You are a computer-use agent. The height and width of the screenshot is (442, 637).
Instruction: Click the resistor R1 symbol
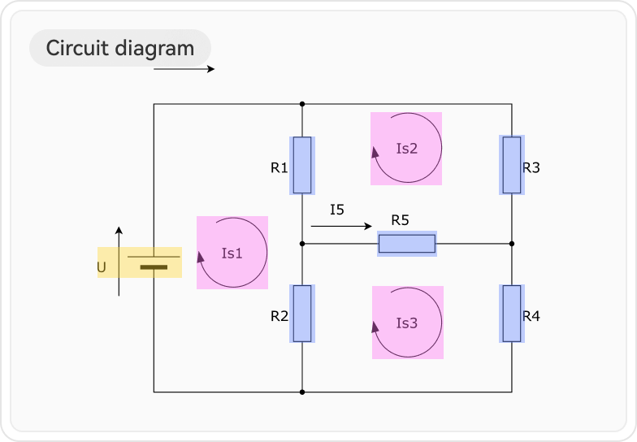click(x=302, y=165)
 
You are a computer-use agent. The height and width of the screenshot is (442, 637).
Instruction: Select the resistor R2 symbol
click(x=302, y=313)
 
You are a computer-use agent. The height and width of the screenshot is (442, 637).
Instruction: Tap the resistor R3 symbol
click(x=512, y=165)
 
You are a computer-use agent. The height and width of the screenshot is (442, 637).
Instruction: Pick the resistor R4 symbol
click(x=512, y=313)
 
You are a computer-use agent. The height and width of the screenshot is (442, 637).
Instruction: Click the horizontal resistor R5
click(x=407, y=243)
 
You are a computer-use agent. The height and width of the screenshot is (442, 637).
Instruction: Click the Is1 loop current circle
click(x=232, y=253)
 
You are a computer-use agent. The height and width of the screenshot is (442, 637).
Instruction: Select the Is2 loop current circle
click(x=406, y=149)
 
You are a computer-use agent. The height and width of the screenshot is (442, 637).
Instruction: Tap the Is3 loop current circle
click(x=406, y=323)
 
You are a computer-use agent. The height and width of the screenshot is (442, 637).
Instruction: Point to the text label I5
click(x=337, y=210)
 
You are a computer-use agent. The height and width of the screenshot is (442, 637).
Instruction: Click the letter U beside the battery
click(x=102, y=267)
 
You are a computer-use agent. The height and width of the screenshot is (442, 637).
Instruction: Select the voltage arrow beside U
click(x=119, y=262)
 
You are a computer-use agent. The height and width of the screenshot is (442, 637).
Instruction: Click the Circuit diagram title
click(x=120, y=48)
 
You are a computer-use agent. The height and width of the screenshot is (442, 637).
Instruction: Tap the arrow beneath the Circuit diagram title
click(x=184, y=69)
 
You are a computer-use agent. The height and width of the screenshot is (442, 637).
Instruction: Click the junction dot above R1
click(x=302, y=104)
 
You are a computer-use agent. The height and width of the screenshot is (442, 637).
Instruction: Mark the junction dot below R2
click(x=302, y=392)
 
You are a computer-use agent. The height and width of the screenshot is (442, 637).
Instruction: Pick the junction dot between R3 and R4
click(x=512, y=243)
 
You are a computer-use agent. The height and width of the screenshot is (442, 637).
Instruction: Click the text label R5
click(x=400, y=219)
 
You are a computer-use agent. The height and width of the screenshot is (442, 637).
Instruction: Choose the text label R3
click(x=531, y=168)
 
